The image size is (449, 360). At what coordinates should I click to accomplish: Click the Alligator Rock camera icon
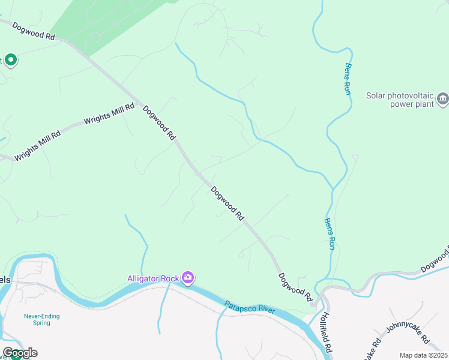(188, 277)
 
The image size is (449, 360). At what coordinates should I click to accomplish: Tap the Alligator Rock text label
(154, 278)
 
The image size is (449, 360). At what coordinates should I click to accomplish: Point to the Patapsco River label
(250, 307)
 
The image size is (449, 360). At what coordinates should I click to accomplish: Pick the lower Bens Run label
(329, 233)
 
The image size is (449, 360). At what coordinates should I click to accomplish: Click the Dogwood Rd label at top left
(34, 31)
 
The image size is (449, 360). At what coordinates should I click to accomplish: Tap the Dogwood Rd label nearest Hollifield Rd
(295, 287)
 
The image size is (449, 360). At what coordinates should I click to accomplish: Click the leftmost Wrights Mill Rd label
(38, 145)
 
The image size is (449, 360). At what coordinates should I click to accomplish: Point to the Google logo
(20, 353)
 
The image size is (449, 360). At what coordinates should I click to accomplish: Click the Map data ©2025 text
(423, 355)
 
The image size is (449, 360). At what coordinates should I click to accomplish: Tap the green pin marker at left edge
(10, 60)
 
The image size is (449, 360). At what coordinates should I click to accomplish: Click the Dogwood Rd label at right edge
(435, 259)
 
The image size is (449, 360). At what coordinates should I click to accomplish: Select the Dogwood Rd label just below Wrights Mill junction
(158, 122)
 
